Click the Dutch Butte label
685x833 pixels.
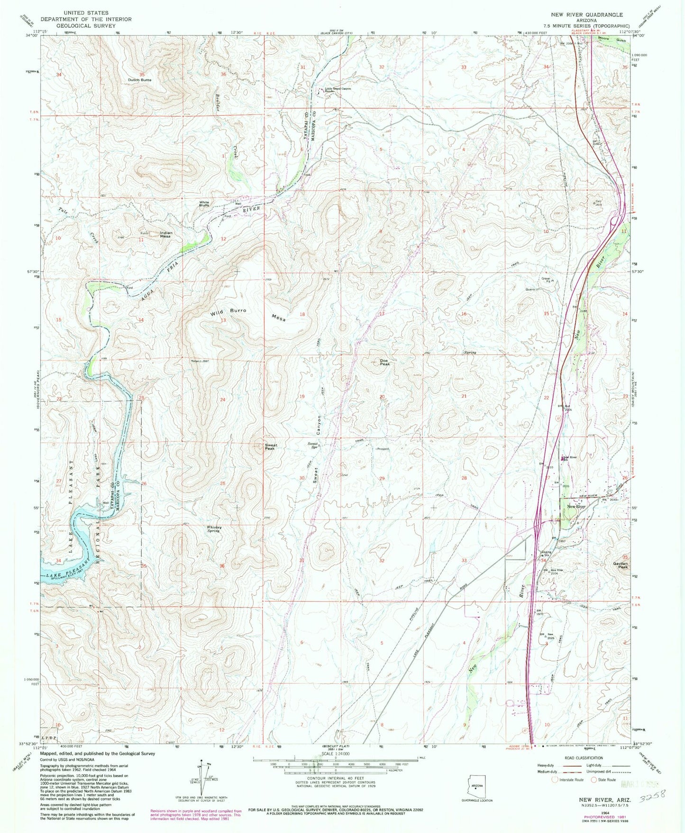click(139, 80)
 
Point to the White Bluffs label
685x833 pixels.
click(204, 204)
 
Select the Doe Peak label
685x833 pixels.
click(384, 362)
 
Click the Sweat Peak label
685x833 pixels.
click(271, 446)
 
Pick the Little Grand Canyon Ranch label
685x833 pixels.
click(338, 90)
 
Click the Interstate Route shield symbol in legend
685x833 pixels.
click(555, 779)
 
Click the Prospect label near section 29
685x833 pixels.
click(383, 448)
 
